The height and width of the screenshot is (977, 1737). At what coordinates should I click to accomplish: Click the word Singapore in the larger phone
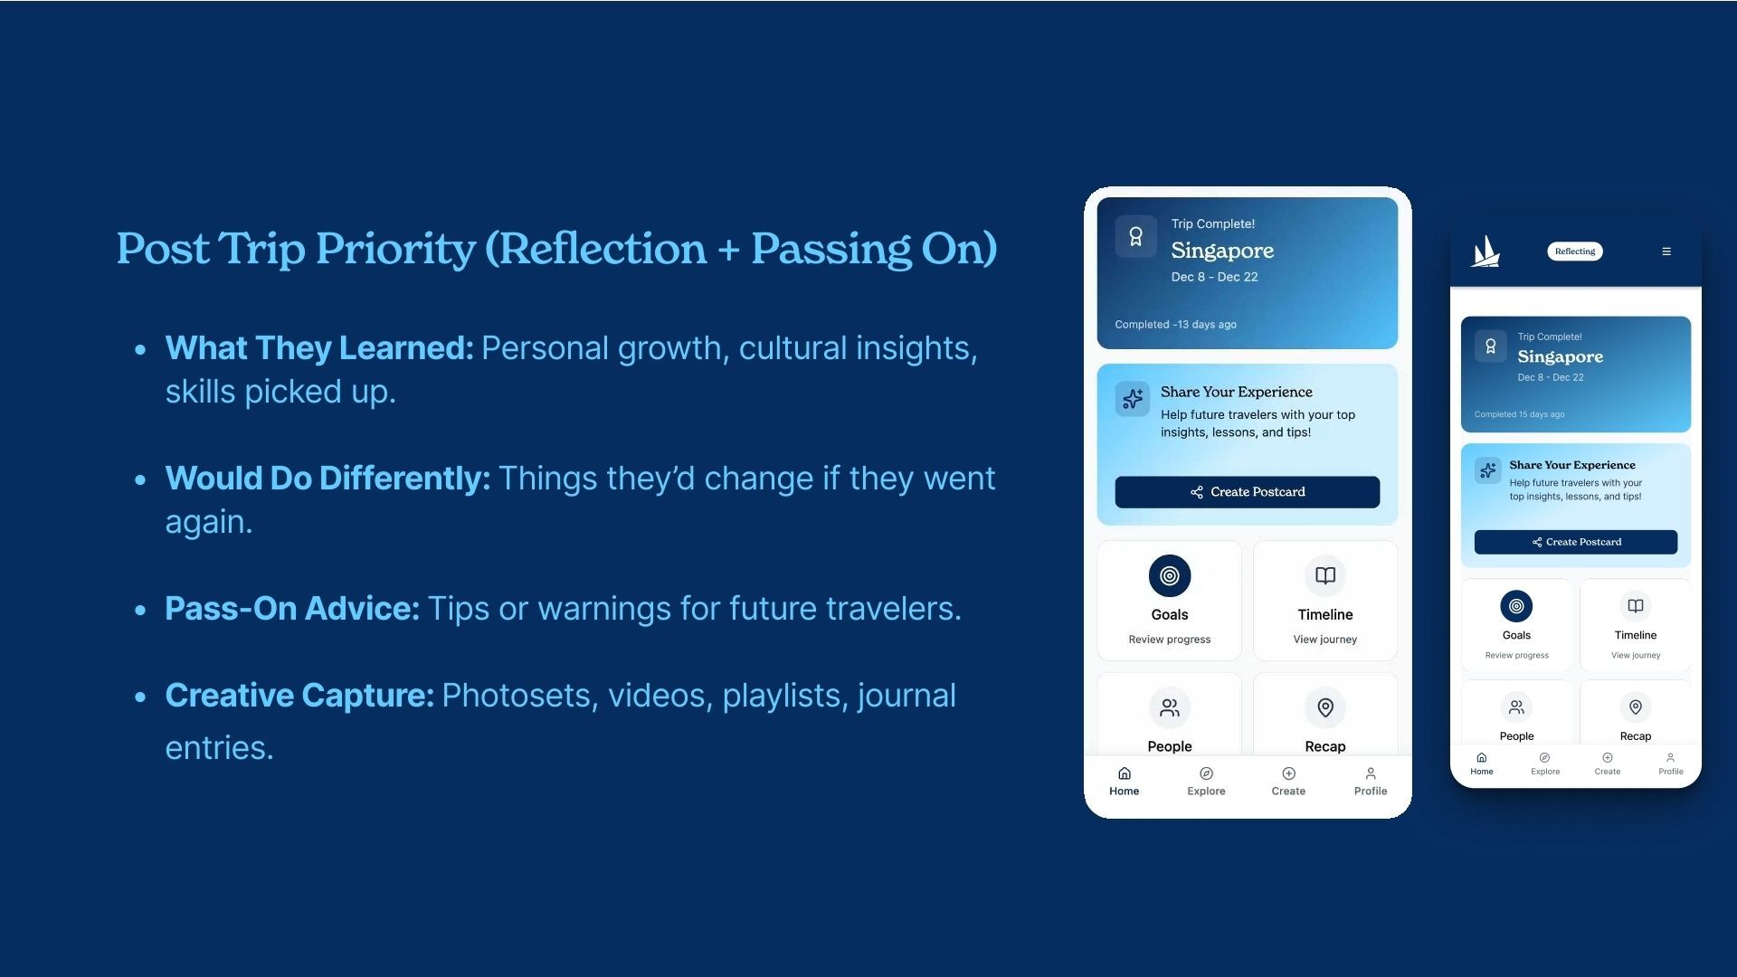pyautogui.click(x=1222, y=251)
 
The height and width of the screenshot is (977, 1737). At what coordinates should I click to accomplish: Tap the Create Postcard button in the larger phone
pyautogui.click(x=1247, y=492)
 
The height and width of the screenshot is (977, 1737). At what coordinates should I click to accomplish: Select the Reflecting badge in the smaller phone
pyautogui.click(x=1575, y=251)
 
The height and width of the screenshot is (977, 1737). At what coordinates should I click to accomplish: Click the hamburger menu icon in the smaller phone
pyautogui.click(x=1666, y=251)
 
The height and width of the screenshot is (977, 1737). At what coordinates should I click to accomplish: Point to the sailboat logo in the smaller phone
pyautogui.click(x=1485, y=251)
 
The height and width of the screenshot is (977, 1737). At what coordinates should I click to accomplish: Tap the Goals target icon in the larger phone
pyautogui.click(x=1170, y=575)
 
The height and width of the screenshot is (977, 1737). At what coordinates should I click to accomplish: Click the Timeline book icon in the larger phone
pyautogui.click(x=1325, y=575)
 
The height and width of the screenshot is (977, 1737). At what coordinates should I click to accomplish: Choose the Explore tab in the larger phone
pyautogui.click(x=1206, y=782)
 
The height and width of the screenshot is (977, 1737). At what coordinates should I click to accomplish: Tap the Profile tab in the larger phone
pyautogui.click(x=1371, y=782)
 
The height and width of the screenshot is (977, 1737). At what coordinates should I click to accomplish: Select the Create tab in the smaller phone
pyautogui.click(x=1608, y=764)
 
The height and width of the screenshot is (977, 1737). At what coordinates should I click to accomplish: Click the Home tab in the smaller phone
pyautogui.click(x=1482, y=764)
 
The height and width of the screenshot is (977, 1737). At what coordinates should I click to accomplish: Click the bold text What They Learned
pyautogui.click(x=319, y=348)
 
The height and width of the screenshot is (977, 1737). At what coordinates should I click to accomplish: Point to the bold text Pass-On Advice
pyautogui.click(x=292, y=609)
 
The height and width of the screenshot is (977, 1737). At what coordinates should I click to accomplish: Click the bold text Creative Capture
pyautogui.click(x=299, y=696)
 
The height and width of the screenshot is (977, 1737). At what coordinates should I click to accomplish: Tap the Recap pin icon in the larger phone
pyautogui.click(x=1325, y=707)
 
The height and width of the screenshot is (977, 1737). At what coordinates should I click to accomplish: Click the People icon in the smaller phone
pyautogui.click(x=1516, y=707)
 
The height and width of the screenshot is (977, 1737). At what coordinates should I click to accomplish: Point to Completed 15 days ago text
pyautogui.click(x=1519, y=414)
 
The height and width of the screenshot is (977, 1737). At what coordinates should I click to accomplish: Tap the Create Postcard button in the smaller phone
pyautogui.click(x=1576, y=542)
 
